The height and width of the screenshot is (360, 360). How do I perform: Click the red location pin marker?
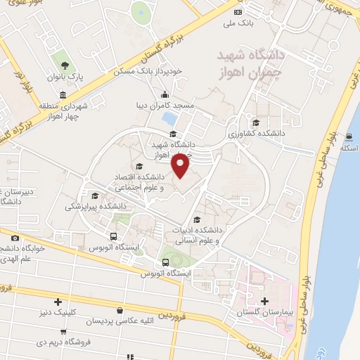[x=181, y=165]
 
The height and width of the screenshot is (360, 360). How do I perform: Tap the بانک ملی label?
[x=237, y=23]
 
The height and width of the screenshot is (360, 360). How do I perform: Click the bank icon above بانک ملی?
[x=238, y=12]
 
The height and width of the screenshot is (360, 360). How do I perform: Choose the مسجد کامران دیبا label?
[x=165, y=106]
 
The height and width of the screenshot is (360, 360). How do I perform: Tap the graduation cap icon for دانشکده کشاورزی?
[x=264, y=121]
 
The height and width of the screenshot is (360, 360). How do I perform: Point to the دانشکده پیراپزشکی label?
[x=96, y=207]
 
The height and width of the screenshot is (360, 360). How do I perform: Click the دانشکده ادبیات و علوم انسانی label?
[x=193, y=236]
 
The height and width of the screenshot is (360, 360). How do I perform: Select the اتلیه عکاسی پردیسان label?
[x=119, y=321]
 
